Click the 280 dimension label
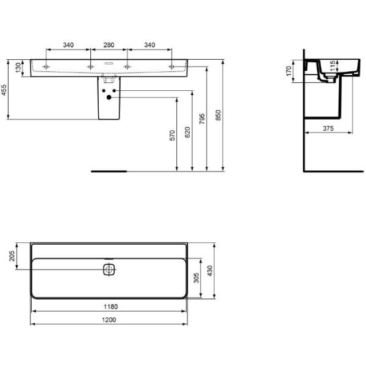click(x=109, y=45)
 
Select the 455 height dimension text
click(x=4, y=90)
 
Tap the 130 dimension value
click(x=18, y=68)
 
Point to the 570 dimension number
click(x=172, y=135)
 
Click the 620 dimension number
click(x=187, y=132)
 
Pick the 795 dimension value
click(x=202, y=118)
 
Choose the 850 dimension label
click(x=218, y=115)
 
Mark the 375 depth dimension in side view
click(x=328, y=128)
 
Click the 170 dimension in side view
click(x=289, y=71)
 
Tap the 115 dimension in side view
click(x=333, y=66)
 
